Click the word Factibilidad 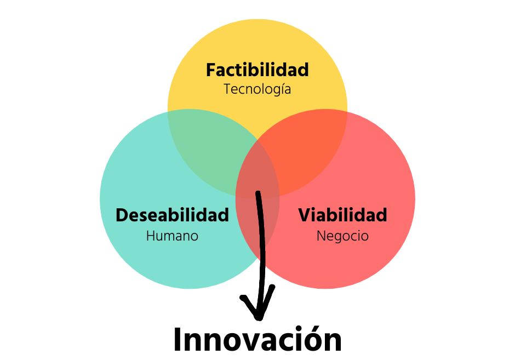click(x=257, y=70)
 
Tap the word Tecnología click(x=257, y=89)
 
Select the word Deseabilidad click(x=172, y=215)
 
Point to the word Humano click(x=172, y=236)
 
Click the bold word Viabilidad click(x=342, y=215)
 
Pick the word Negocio click(x=342, y=236)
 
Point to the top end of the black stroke click(x=258, y=193)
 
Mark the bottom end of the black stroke click(x=263, y=263)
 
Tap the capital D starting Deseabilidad click(x=122, y=215)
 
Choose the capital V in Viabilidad click(x=304, y=215)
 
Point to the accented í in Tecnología click(x=280, y=88)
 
